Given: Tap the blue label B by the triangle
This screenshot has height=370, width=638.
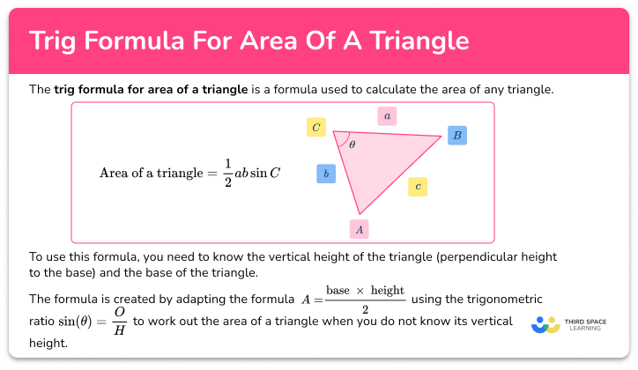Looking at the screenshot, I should point(456,135).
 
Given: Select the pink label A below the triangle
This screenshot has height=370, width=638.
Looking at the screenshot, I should point(358,228).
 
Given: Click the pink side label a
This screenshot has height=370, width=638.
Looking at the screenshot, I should point(386,115).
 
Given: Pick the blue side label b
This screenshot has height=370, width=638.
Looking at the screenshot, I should point(326,174).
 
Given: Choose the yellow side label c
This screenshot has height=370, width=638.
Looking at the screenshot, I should point(418,186).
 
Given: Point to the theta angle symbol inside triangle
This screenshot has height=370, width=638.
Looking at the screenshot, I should point(352,144).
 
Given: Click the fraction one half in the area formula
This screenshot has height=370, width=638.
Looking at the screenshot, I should point(226,173).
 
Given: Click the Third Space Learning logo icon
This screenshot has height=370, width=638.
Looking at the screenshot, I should point(546,325).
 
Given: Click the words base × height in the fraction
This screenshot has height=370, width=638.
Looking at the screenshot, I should point(365,290).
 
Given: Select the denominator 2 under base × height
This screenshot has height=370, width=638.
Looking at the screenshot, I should point(365,308).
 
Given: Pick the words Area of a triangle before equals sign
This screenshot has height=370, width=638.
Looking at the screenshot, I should point(152,173).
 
